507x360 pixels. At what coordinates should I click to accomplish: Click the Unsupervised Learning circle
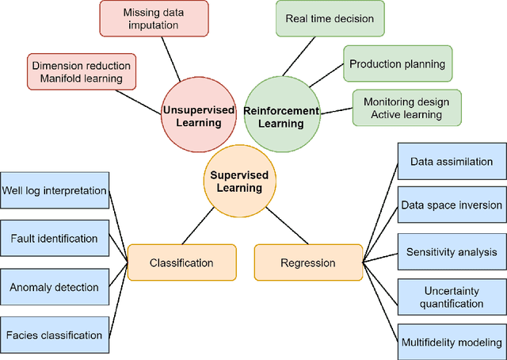tap(198, 117)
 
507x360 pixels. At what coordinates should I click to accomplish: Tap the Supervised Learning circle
tap(238, 182)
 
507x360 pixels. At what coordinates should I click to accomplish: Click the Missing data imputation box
tap(154, 19)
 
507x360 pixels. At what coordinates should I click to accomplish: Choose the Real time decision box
tap(329, 18)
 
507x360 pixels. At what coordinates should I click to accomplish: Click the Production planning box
tap(397, 64)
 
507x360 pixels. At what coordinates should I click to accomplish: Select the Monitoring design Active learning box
tap(406, 109)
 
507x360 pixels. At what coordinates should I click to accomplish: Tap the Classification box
tap(182, 262)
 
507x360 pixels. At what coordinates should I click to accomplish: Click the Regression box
tap(307, 262)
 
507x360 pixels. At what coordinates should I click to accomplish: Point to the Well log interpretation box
tap(54, 190)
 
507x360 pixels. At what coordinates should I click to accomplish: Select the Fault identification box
tap(54, 238)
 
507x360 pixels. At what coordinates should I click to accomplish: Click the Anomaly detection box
tap(54, 287)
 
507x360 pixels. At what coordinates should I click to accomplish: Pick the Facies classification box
tap(54, 335)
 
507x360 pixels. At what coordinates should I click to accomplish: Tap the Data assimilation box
tap(451, 162)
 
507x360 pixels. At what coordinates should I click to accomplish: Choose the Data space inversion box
tap(451, 205)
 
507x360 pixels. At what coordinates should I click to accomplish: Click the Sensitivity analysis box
tap(451, 252)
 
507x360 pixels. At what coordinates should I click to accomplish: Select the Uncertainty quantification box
tap(451, 297)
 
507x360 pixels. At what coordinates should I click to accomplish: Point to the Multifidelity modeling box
tap(451, 343)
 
